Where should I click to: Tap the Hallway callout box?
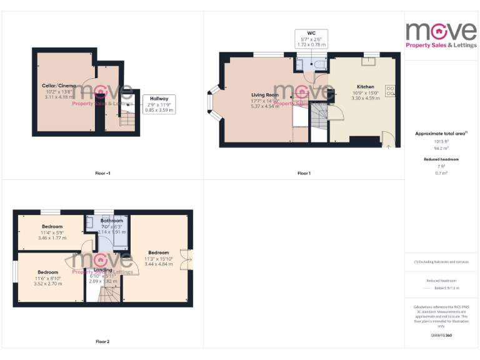(x=159, y=104)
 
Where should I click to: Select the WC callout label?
(x=311, y=39)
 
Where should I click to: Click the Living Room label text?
(x=264, y=94)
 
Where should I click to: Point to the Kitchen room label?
(x=366, y=87)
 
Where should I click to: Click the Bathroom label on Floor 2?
(x=111, y=221)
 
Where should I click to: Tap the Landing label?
(x=102, y=271)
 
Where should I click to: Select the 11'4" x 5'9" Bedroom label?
(x=52, y=226)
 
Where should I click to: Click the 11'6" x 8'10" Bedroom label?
(x=47, y=272)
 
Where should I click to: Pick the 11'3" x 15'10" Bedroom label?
(x=158, y=252)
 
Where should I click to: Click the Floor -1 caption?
(x=103, y=173)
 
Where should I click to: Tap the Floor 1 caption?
(x=304, y=173)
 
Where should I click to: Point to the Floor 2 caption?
(x=102, y=342)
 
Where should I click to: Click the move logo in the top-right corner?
(x=441, y=34)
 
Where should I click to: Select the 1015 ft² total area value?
(x=441, y=141)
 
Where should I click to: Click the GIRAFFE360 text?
(x=441, y=336)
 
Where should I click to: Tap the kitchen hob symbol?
(x=390, y=91)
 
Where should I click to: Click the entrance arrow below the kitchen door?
(x=389, y=147)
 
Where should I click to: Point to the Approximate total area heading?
(x=441, y=134)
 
